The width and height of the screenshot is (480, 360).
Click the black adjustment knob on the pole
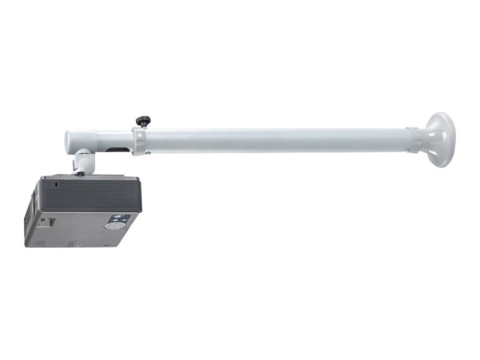142,122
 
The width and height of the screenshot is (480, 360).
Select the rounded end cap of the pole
70,142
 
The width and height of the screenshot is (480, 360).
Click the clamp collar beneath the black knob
141,142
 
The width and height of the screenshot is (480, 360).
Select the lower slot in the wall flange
438,157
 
